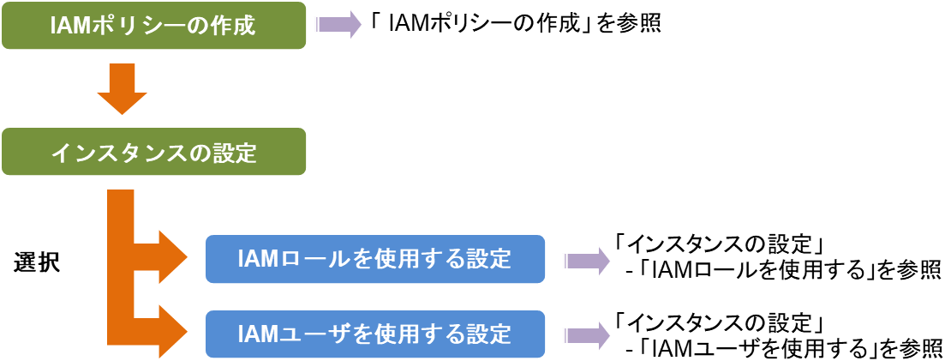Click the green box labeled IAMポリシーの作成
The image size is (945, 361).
point(153,25)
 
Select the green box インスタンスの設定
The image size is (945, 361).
point(153,152)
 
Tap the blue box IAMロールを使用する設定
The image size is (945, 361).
point(374,258)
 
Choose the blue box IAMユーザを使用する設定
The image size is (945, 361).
point(374,334)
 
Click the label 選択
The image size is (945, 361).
point(37,262)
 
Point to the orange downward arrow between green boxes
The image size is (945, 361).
point(123,89)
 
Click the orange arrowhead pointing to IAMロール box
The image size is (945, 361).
point(170,255)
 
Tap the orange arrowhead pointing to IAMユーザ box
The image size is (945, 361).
point(170,330)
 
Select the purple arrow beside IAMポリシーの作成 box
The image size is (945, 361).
point(340,24)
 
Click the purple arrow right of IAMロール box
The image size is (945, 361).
point(586,260)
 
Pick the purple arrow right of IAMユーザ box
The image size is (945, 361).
point(586,335)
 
